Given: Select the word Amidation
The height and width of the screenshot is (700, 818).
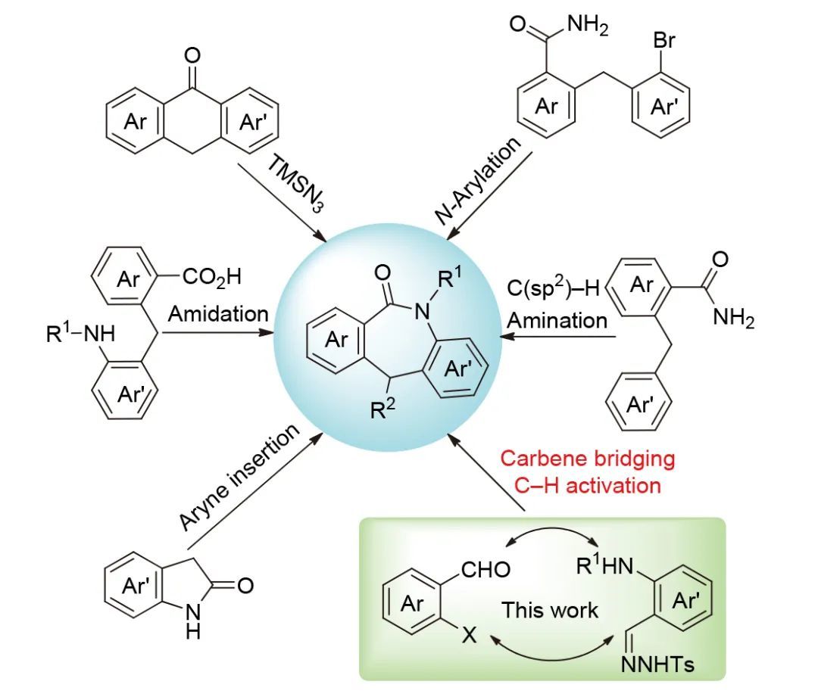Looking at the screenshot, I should coord(218,313).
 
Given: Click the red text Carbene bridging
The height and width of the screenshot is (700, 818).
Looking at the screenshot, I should coord(587,458).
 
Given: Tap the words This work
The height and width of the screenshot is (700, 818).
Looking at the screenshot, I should coord(550,609).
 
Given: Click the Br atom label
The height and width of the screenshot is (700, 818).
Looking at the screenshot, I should coord(663,40).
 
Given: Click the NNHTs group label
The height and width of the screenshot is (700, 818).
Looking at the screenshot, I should coord(657,665).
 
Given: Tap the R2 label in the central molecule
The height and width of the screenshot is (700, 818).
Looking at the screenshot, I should coord(382,412).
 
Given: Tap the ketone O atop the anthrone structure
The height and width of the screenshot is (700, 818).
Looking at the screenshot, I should coord(192,54).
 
